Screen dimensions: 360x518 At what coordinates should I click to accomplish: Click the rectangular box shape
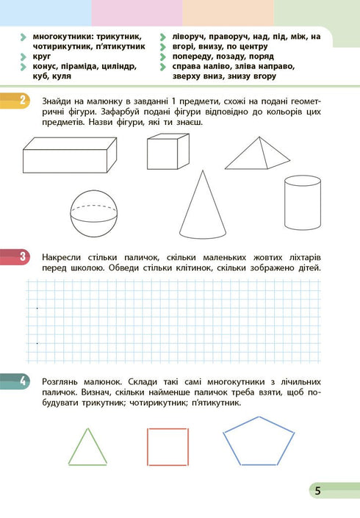click(x=68, y=156)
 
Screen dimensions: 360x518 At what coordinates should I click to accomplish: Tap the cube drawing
click(x=168, y=154)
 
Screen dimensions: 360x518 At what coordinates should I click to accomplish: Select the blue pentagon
click(x=253, y=441)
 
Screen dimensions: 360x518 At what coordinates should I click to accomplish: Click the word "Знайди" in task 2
click(x=59, y=101)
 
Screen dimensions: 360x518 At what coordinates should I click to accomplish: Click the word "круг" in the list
click(x=42, y=56)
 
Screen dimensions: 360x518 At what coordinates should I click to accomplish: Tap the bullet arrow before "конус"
click(x=25, y=66)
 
